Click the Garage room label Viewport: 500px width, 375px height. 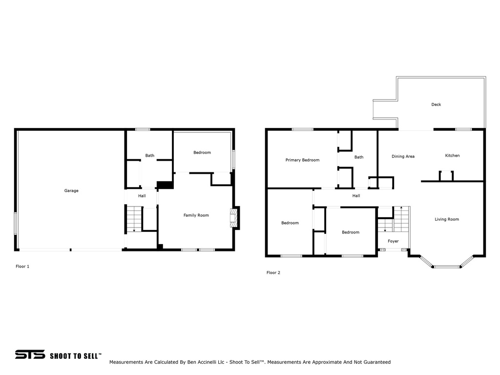tap(71, 191)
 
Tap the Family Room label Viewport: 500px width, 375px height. tap(196, 215)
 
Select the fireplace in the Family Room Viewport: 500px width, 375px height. tap(235, 218)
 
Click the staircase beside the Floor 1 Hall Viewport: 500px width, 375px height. tap(134, 219)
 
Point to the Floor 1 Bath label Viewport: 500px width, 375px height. tap(150, 156)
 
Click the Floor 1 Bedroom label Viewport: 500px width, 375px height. tap(202, 152)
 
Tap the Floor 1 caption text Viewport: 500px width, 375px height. tap(22, 266)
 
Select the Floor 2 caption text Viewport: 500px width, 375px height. tap(273, 272)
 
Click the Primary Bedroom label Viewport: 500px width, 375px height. tap(302, 160)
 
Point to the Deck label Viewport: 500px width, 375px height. tap(436, 104)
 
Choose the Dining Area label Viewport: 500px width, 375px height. tap(403, 156)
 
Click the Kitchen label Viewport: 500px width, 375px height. tap(453, 156)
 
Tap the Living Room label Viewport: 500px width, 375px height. tap(447, 219)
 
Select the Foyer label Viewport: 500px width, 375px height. tap(393, 241)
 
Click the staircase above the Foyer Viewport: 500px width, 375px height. tap(394, 219)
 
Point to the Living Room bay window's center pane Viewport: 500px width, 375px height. tap(446, 267)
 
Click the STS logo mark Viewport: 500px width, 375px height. tap(30, 354)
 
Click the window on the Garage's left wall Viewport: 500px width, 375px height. tap(15, 224)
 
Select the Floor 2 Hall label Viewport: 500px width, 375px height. tap(356, 196)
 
